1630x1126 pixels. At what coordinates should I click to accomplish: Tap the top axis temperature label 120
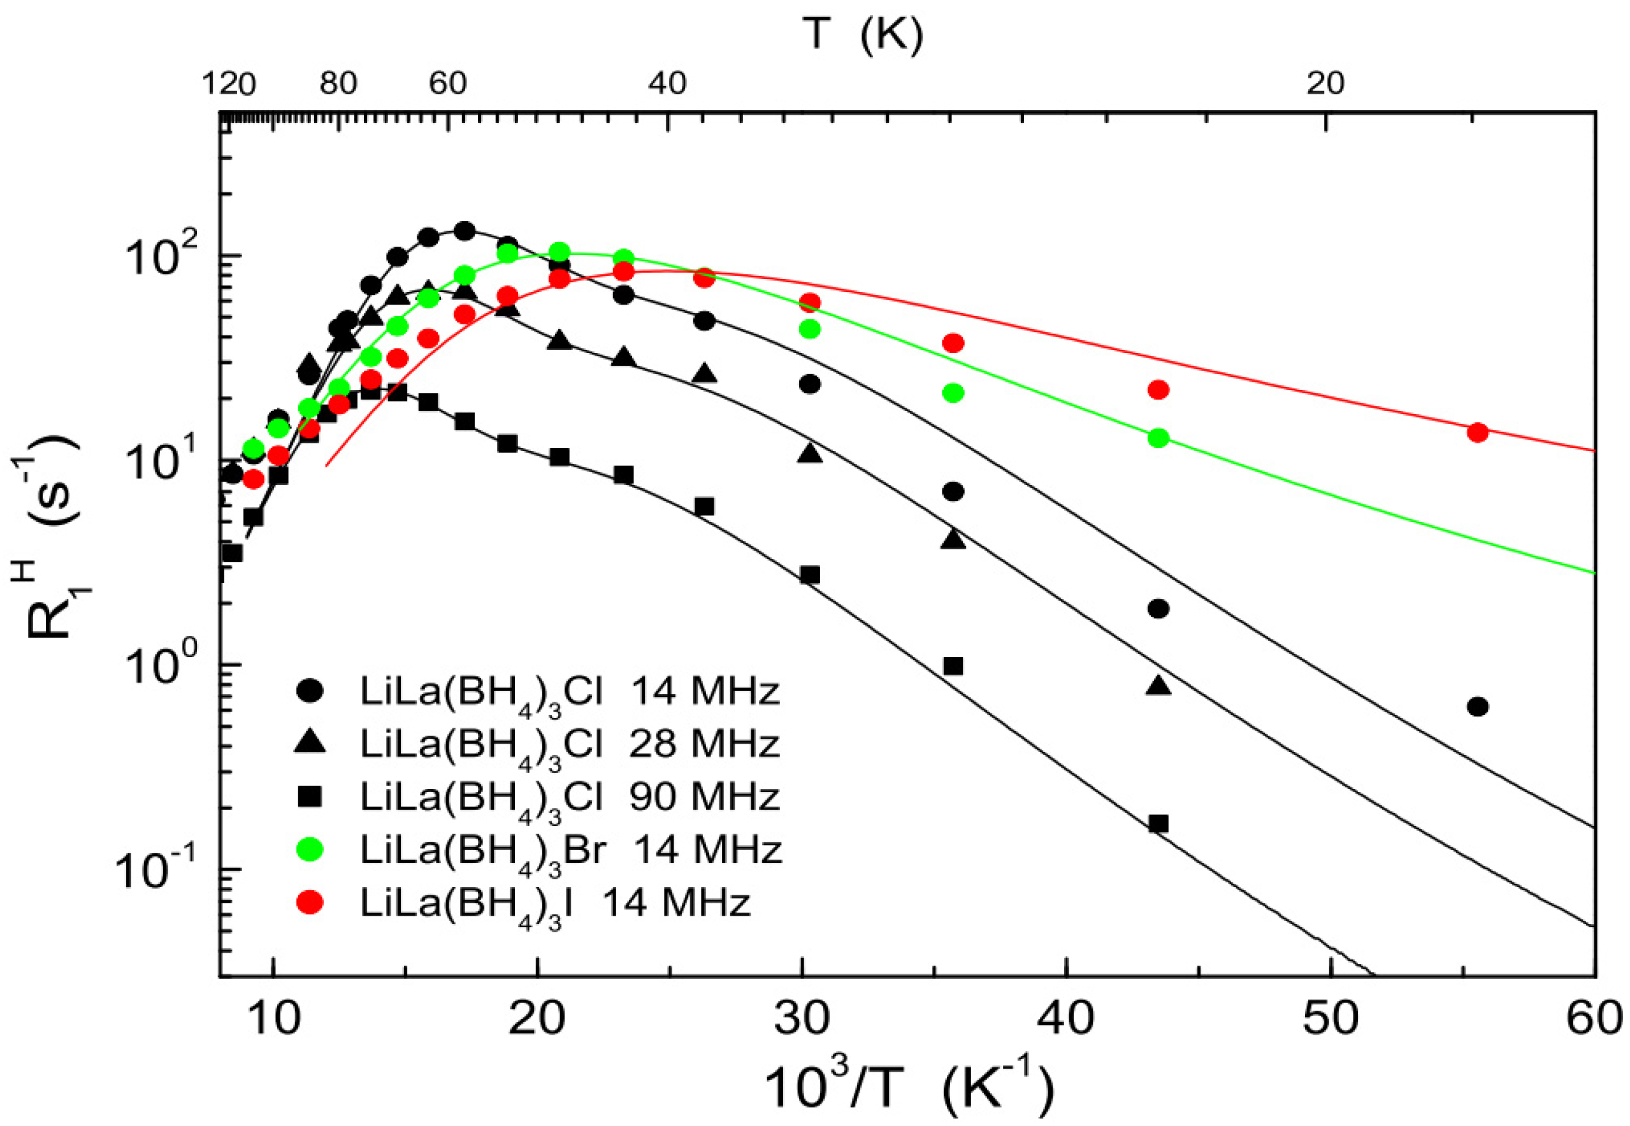228,84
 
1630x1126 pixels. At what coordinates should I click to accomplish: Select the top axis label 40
667,84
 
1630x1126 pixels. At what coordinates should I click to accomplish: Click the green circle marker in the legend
309,849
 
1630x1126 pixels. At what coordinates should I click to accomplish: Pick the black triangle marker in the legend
309,742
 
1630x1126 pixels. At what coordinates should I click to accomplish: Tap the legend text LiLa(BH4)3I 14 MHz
555,904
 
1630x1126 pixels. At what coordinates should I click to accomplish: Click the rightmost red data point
1477,433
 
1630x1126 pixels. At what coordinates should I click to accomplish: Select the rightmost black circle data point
1477,706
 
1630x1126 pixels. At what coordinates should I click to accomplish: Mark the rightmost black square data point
1158,823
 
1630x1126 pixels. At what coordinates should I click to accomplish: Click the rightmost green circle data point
1158,437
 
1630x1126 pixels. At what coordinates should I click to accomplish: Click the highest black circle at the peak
463,231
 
